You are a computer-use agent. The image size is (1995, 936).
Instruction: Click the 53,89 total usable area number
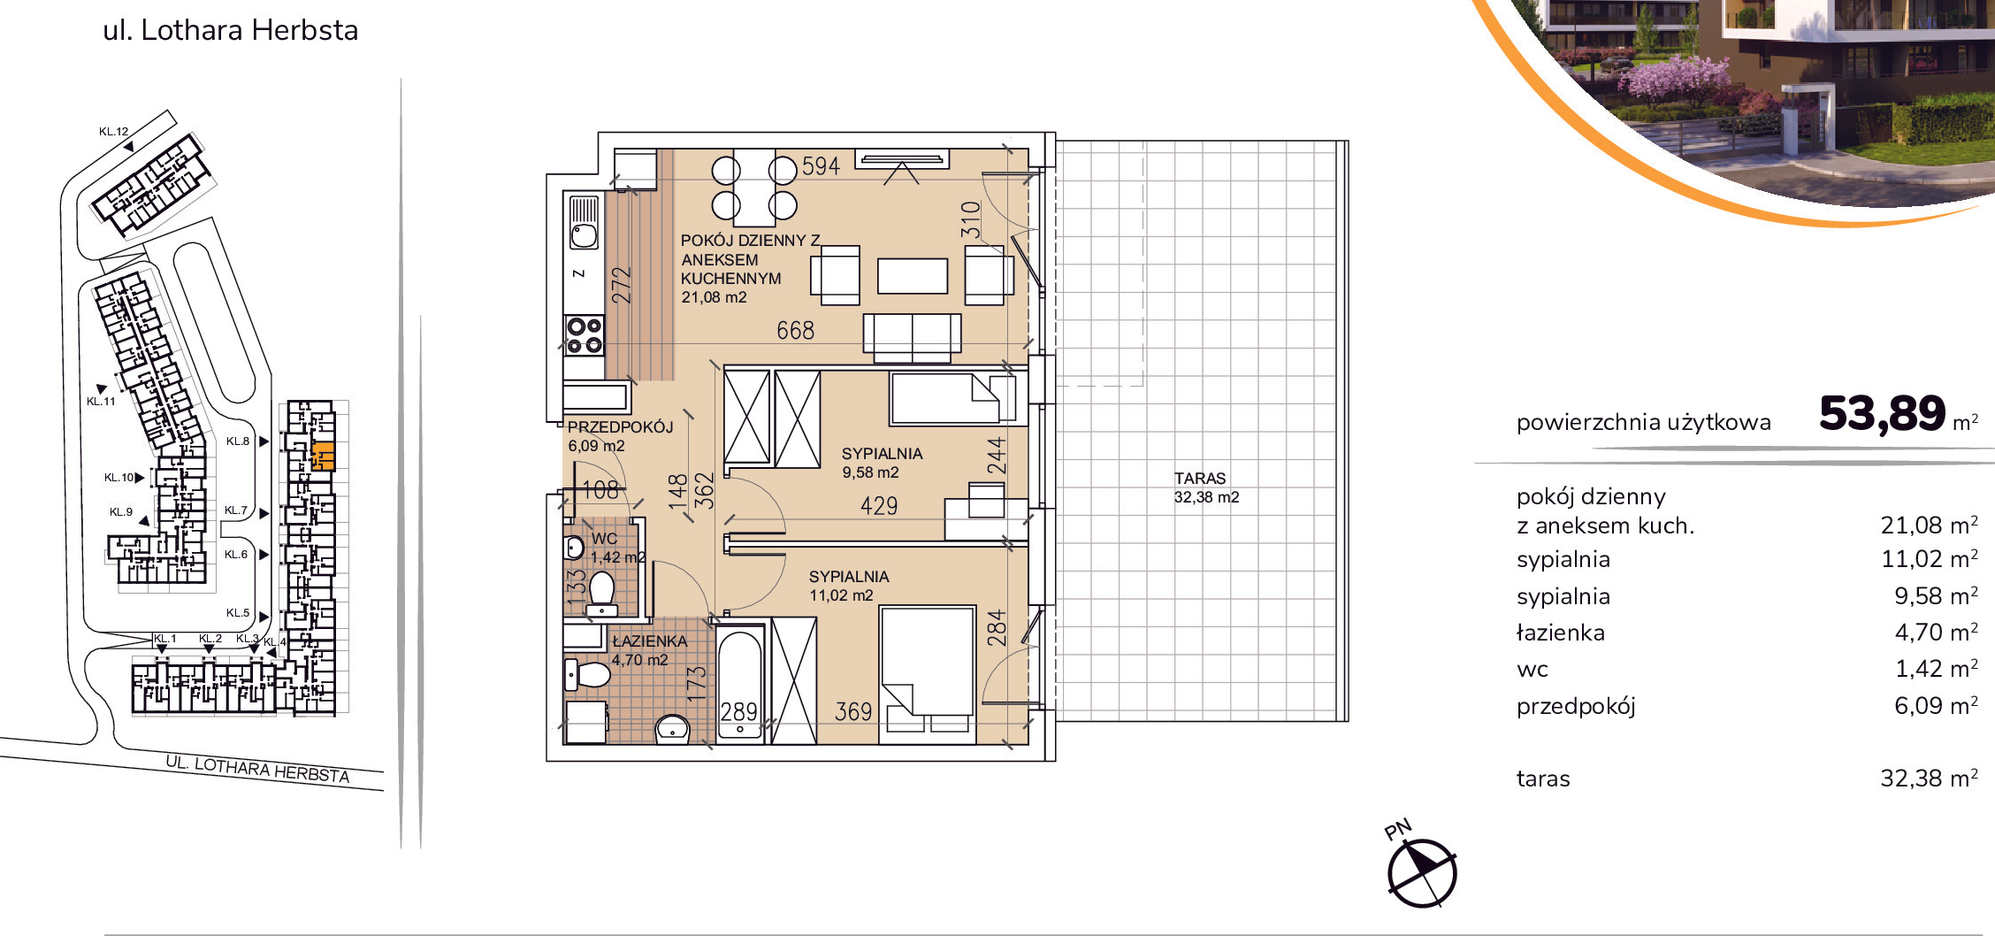(1882, 414)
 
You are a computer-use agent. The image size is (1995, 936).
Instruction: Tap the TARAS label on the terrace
(1200, 478)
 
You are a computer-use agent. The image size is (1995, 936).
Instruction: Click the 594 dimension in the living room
(821, 165)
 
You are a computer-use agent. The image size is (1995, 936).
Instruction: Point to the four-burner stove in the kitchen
(585, 336)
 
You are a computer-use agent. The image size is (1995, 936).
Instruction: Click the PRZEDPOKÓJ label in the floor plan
(620, 426)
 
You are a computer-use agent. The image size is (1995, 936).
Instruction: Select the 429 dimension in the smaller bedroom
(879, 505)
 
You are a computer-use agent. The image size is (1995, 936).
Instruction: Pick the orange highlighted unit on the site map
(324, 455)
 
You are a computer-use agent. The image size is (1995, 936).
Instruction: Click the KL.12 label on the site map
(113, 132)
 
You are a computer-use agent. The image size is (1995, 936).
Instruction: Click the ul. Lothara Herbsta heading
(231, 30)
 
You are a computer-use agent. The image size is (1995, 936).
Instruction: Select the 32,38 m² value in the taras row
(1929, 778)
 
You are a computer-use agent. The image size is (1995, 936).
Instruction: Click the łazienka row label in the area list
(1561, 632)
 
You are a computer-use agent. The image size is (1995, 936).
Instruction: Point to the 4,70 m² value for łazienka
(1936, 632)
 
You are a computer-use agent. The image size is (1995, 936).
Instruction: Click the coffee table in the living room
(913, 275)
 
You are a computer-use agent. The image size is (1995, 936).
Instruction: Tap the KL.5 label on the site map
(238, 612)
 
